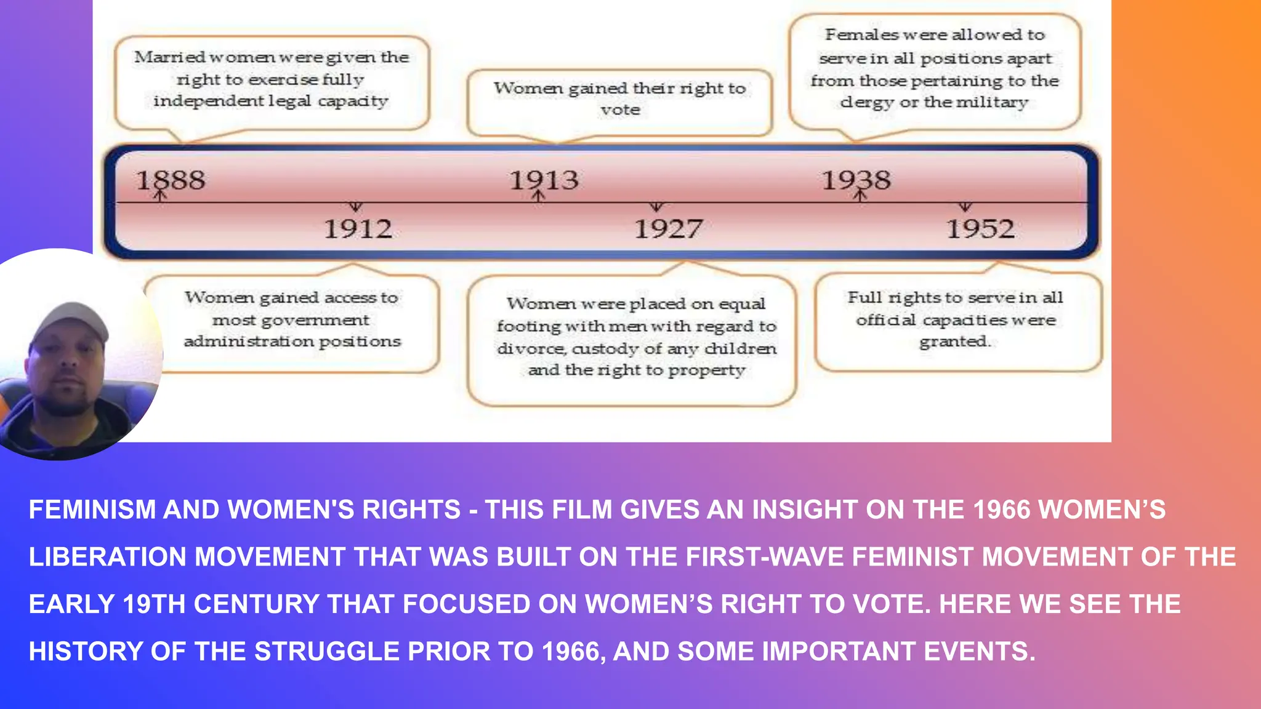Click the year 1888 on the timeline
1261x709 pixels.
click(x=171, y=180)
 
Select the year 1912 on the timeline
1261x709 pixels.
click(x=358, y=229)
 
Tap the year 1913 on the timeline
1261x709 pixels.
click(x=544, y=180)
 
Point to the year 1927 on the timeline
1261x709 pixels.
click(x=669, y=229)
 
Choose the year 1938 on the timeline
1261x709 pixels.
click(x=856, y=180)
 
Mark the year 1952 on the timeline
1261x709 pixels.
click(x=980, y=229)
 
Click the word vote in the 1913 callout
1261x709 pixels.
click(x=621, y=110)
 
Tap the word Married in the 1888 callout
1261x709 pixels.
click(x=169, y=57)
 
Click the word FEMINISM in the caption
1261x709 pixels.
click(x=92, y=510)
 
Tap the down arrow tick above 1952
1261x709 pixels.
click(x=965, y=207)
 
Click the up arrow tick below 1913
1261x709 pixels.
click(x=539, y=196)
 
